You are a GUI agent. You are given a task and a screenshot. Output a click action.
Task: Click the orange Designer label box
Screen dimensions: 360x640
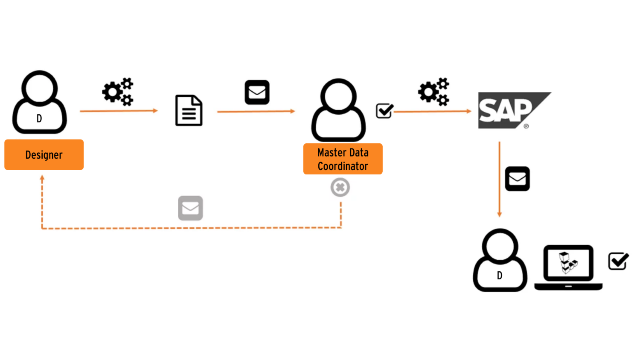click(x=44, y=155)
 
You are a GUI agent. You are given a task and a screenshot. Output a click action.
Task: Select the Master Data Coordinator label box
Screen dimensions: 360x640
click(x=343, y=159)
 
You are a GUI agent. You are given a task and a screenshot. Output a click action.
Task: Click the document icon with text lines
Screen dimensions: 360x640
click(x=189, y=110)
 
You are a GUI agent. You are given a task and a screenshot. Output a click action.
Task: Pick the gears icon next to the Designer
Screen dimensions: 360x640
click(x=118, y=92)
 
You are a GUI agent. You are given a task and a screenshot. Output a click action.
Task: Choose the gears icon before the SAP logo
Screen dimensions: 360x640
click(x=433, y=92)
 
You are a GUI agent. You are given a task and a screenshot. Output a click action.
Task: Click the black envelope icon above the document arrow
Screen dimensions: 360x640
click(x=257, y=92)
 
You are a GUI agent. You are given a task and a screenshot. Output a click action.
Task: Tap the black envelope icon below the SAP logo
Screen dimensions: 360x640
click(x=517, y=179)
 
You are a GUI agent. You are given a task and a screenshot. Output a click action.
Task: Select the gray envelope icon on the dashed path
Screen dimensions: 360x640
click(x=190, y=208)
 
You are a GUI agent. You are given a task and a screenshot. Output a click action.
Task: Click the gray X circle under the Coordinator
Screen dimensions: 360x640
click(x=340, y=187)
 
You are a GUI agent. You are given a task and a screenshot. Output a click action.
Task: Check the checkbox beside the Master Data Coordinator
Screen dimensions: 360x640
click(x=384, y=111)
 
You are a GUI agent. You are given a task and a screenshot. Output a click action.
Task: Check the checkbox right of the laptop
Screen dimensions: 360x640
click(x=618, y=261)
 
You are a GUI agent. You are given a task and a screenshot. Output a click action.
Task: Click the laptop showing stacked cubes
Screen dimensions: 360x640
click(x=568, y=267)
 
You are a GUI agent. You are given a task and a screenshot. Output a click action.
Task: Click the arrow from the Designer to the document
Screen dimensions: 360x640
click(x=119, y=111)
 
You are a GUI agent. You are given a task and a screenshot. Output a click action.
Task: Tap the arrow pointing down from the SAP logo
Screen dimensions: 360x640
click(x=499, y=179)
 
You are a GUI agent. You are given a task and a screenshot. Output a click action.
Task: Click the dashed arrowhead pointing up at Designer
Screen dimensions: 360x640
click(x=42, y=178)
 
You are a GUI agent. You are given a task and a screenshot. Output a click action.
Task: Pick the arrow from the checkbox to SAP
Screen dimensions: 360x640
click(x=432, y=111)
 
